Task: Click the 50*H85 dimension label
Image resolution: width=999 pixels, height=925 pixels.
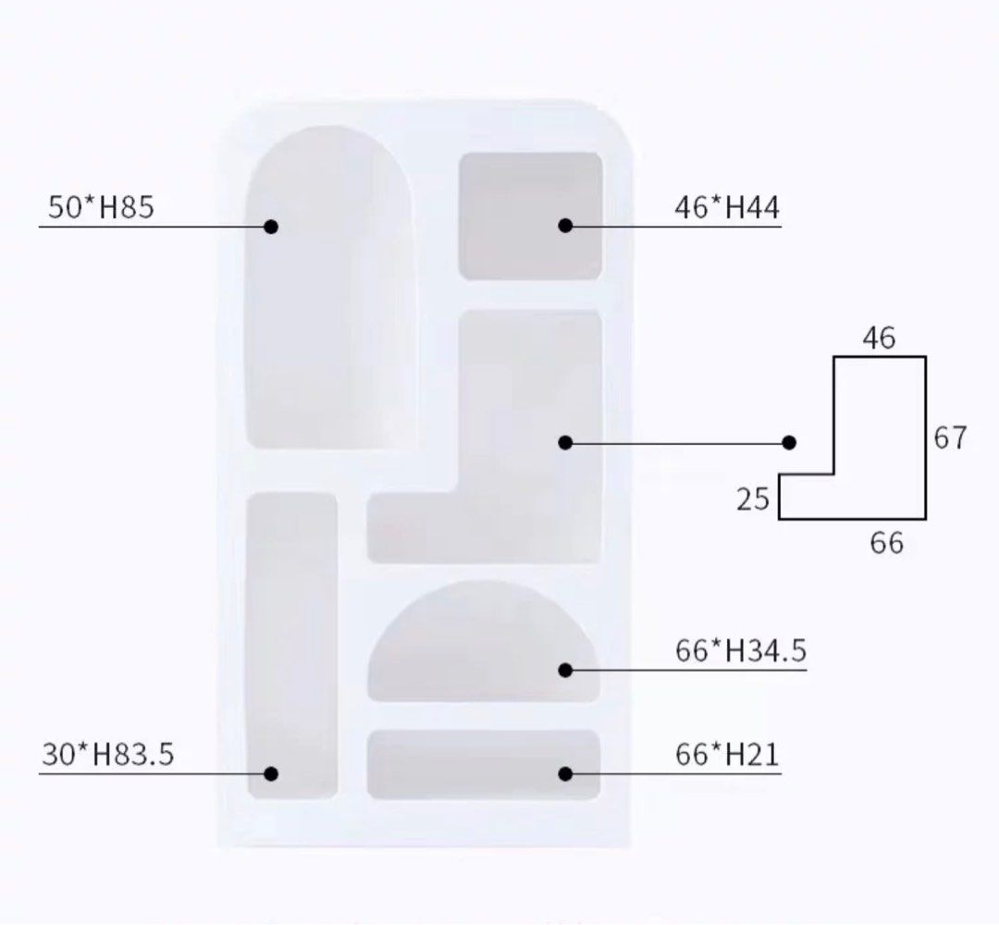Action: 101,207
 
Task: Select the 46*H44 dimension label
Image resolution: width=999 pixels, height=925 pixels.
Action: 727,208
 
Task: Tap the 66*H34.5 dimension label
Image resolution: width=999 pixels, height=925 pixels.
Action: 741,650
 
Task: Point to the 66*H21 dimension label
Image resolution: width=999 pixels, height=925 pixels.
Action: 727,754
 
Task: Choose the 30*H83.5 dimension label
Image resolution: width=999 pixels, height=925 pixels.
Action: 107,754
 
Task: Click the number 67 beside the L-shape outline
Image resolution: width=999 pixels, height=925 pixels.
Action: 950,438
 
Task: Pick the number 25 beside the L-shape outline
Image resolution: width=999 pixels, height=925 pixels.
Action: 752,499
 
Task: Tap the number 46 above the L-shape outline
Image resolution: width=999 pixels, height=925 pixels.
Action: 880,338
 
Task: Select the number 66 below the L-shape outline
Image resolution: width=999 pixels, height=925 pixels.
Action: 887,543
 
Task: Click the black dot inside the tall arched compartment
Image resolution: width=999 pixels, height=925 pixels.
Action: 271,226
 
